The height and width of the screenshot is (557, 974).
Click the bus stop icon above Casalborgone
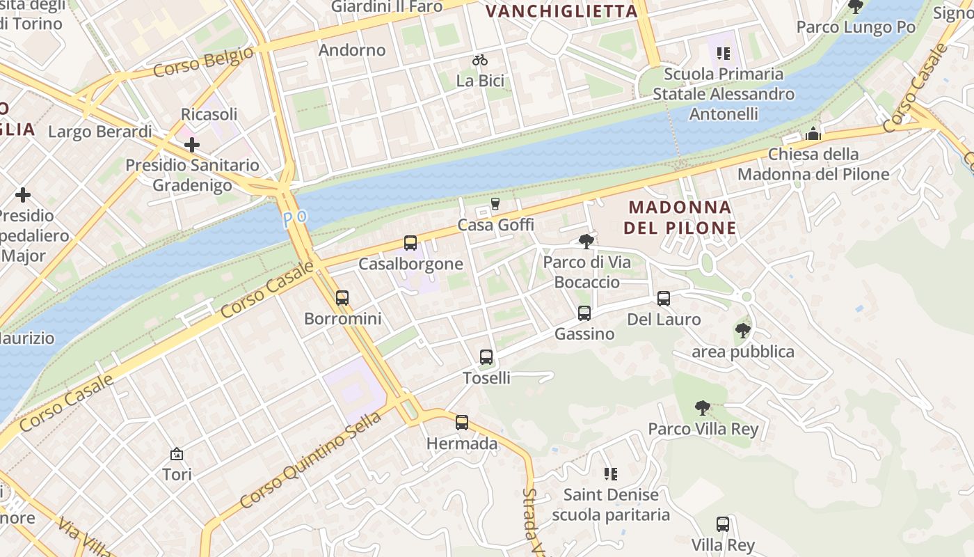[x=410, y=243]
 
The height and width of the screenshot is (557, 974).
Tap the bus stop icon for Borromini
[x=342, y=298]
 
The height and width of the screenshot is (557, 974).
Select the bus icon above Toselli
[x=486, y=357]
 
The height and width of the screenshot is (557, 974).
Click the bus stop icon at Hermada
[x=462, y=423]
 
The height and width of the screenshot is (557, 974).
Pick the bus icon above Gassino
[x=584, y=313]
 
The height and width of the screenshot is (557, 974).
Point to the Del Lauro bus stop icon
[x=664, y=299]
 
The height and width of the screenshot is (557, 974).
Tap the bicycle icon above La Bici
[x=480, y=60]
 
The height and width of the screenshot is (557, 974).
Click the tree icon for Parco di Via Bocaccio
[x=586, y=242]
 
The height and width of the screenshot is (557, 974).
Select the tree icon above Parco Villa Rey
[x=703, y=408]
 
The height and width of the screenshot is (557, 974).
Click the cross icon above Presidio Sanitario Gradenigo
[x=192, y=145]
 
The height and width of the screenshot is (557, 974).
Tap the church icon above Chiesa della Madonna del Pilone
[x=813, y=134]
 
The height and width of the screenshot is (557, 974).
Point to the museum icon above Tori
[x=177, y=454]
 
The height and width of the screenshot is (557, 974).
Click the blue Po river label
[x=295, y=218]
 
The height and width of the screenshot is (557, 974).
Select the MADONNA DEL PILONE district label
[x=680, y=217]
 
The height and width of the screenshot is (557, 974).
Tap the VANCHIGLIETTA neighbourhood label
[x=561, y=11]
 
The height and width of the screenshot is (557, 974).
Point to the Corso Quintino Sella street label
[x=310, y=460]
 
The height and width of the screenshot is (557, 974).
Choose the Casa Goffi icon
[x=495, y=204]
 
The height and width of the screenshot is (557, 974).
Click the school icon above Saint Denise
[x=611, y=474]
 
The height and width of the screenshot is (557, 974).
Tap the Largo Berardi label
[x=100, y=132]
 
